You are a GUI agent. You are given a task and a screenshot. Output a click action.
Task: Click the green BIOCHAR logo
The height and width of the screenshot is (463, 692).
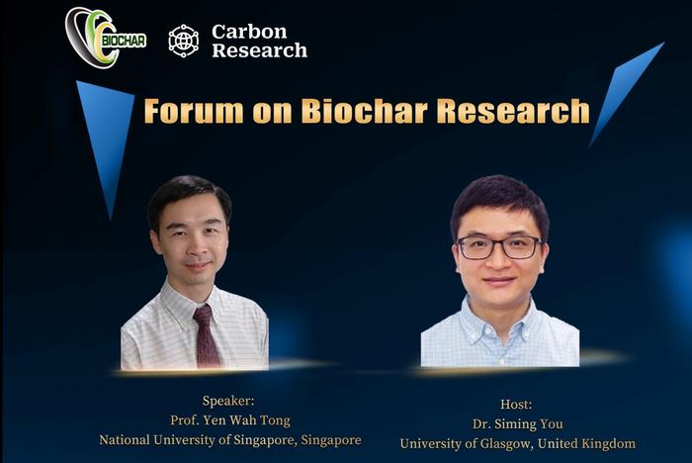pos(105,38)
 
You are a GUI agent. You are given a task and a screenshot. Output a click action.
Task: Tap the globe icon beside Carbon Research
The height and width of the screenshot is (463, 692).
pos(183,41)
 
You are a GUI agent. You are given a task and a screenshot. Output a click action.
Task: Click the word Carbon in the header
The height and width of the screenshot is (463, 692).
pos(249,32)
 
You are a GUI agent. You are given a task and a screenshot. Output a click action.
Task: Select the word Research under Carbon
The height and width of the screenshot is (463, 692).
pos(259,50)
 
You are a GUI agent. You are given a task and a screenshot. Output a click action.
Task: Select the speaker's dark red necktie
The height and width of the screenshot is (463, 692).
pos(206,336)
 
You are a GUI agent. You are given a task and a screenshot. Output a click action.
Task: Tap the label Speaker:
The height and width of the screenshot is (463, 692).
pos(229,401)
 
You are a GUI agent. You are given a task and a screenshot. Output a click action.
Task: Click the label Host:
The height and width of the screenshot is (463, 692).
pos(516,405)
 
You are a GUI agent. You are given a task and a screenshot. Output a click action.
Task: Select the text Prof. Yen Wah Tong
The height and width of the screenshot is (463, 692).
pos(229,420)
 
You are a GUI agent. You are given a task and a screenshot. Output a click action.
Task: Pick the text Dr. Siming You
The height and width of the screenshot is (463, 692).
pos(517,423)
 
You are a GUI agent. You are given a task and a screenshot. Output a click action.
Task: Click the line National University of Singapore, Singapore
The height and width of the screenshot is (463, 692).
pos(229,440)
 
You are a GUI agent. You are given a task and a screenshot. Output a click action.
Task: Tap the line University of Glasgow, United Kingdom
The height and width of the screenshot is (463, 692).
pos(517,443)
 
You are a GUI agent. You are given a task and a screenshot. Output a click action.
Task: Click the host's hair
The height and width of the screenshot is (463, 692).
pos(499,198)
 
